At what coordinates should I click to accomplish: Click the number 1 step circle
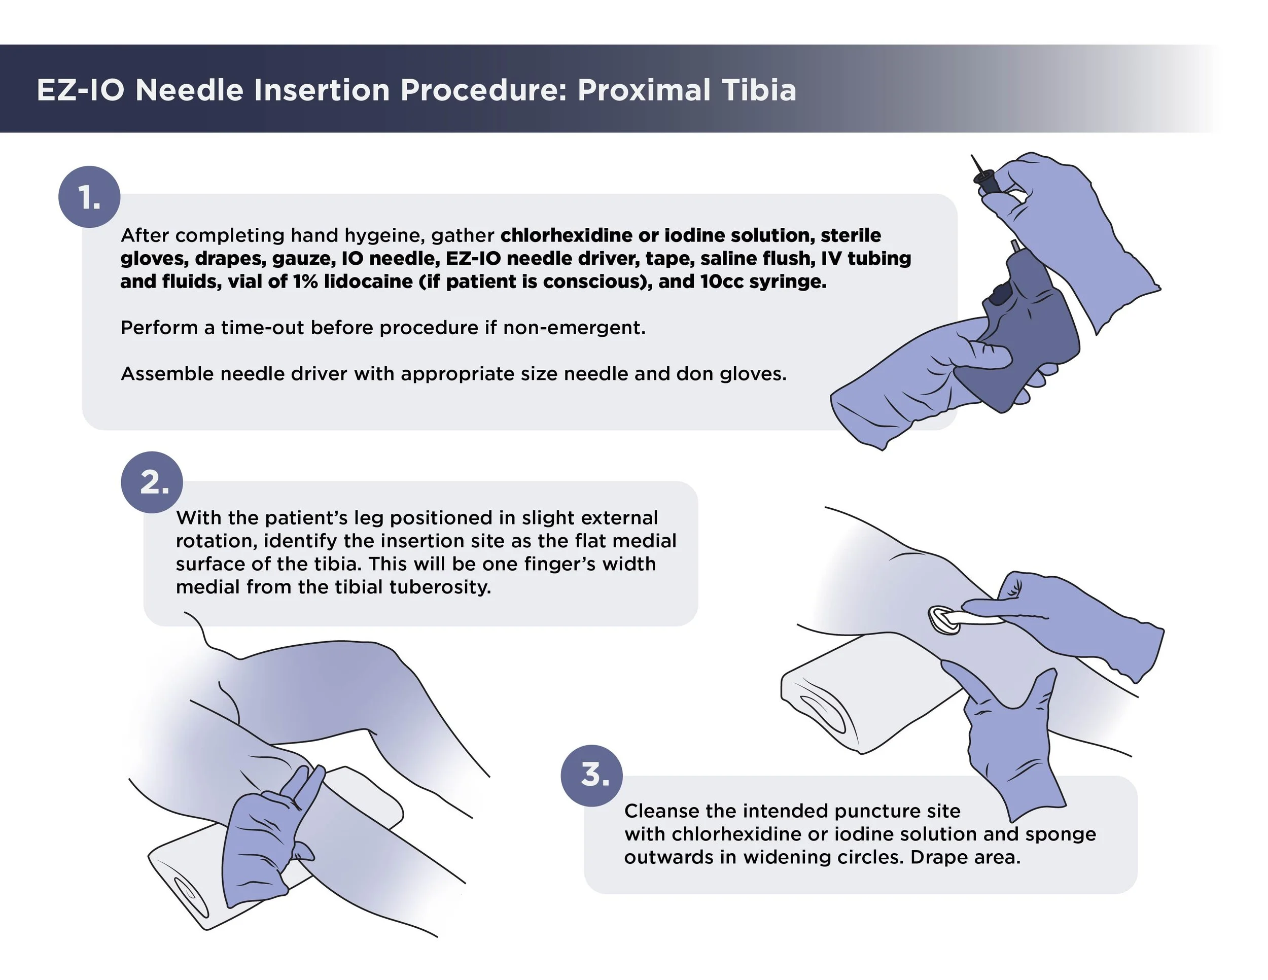click(89, 197)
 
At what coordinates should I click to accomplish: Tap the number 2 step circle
click(152, 482)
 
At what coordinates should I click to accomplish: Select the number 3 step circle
click(591, 775)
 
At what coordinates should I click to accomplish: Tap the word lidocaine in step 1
click(368, 282)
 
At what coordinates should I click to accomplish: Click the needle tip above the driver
click(975, 161)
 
